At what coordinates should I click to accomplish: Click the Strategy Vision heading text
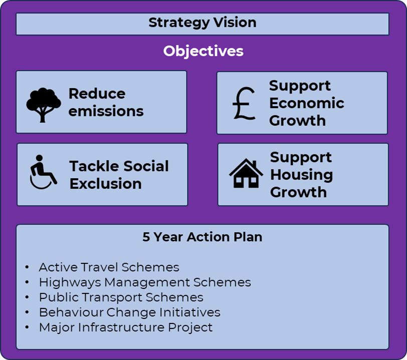[202, 23]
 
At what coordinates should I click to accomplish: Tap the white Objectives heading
[203, 51]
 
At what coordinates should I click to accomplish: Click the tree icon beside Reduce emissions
[43, 105]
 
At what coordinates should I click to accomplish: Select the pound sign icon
[244, 103]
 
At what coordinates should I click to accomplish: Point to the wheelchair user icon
[43, 172]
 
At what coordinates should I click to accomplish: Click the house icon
[246, 173]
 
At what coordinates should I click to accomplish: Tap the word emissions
[106, 111]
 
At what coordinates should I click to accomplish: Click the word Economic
[307, 103]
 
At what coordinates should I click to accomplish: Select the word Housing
[302, 175]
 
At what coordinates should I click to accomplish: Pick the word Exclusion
[106, 184]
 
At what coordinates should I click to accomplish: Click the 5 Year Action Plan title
[202, 237]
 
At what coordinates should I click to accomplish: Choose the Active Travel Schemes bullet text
[109, 267]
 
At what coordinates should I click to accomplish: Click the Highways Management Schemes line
[145, 282]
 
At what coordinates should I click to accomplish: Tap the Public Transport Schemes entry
[121, 297]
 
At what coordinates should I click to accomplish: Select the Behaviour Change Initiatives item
[129, 312]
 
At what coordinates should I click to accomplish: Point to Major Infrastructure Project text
[126, 327]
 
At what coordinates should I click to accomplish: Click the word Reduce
[97, 94]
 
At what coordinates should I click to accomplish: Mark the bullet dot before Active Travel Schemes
[27, 267]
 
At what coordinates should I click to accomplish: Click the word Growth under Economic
[297, 121]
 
